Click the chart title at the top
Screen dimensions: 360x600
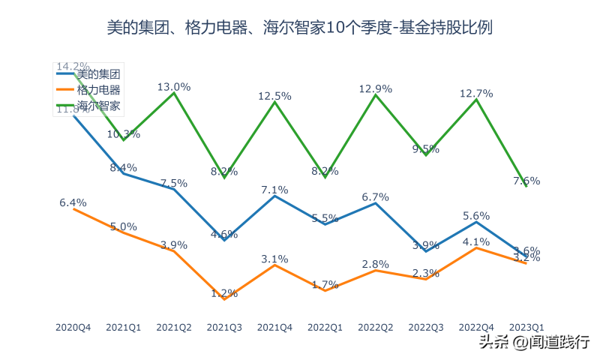300,29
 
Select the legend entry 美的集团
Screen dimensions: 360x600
98,73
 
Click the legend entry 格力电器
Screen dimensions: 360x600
98,90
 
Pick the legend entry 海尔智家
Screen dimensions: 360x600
98,106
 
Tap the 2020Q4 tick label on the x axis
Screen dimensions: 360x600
73,328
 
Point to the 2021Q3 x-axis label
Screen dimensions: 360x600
224,328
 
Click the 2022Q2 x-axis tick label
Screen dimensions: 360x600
376,328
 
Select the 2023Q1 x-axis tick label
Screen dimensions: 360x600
526,328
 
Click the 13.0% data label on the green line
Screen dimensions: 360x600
174,87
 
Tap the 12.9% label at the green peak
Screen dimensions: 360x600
376,88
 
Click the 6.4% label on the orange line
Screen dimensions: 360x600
73,202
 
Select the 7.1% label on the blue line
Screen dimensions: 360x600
274,190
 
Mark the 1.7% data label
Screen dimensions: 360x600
325,284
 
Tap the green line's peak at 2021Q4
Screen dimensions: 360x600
274,101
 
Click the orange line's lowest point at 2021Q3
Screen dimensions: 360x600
224,299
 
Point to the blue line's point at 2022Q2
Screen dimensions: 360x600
376,202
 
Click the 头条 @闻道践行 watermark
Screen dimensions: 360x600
534,342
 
